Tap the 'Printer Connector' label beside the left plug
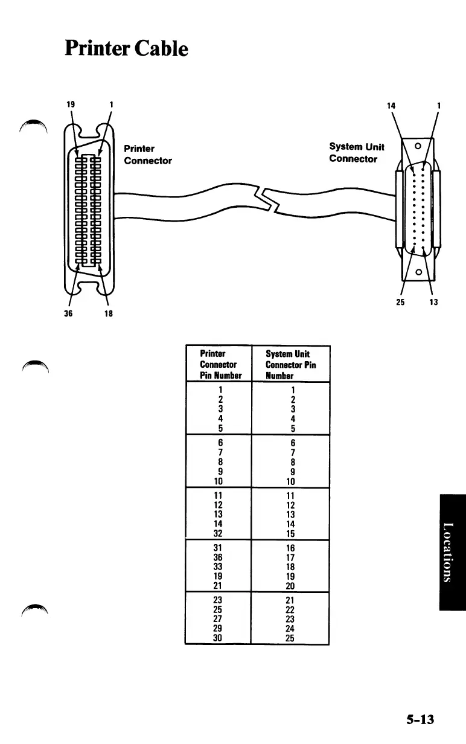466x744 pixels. pos(147,155)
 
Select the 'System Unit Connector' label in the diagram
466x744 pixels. pos(357,153)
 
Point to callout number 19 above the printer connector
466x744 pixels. pos(71,104)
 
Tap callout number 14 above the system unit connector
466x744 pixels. pos(391,105)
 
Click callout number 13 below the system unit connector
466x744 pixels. pos(433,302)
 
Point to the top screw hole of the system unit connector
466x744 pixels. pos(417,145)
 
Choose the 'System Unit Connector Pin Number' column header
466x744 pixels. pos(290,365)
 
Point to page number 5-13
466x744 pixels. pos(420,719)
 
